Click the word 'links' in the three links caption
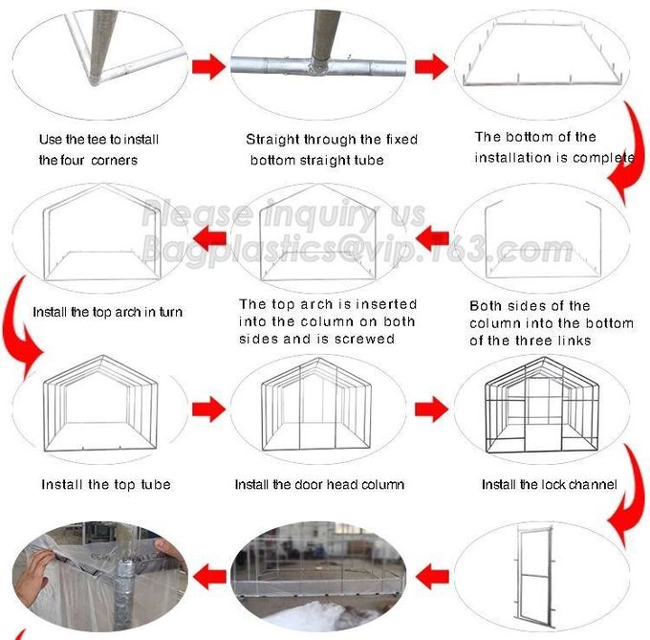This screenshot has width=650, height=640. click(574, 341)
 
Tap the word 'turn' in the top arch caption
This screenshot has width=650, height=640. click(171, 312)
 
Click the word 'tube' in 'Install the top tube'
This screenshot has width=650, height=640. click(156, 484)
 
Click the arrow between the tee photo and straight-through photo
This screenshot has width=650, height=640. click(208, 66)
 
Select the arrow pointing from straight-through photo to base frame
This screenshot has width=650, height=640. click(431, 66)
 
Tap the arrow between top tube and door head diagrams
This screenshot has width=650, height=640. click(208, 409)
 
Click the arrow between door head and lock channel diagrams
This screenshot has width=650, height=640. click(431, 409)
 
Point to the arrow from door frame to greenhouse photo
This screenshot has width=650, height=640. click(432, 577)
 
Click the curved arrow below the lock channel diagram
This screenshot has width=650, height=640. click(627, 496)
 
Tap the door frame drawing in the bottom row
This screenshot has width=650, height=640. click(533, 575)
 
